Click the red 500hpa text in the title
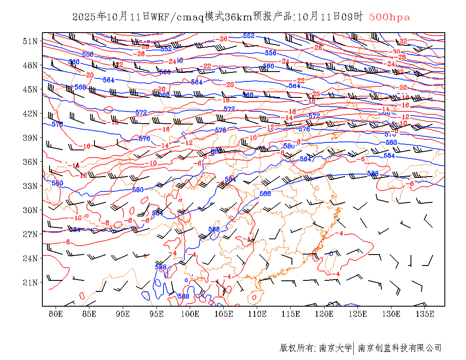point(389,17)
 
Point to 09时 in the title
point(353,17)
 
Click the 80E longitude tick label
point(56,314)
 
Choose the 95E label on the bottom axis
point(157,314)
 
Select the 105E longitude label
point(224,314)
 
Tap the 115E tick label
point(291,314)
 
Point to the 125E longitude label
point(358,314)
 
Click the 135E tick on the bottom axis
point(425,314)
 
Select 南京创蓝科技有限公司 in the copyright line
point(400,348)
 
